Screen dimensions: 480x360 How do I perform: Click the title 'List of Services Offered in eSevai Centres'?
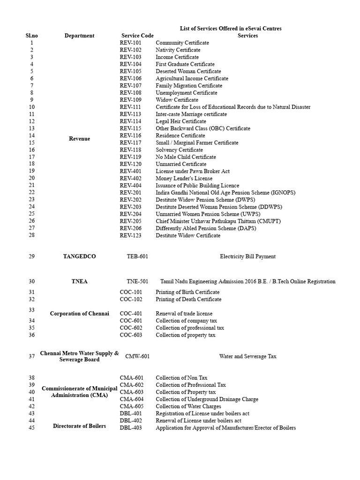pos(231,29)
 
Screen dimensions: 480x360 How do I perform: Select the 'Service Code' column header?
pos(137,36)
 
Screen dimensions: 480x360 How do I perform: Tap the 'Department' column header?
pos(79,36)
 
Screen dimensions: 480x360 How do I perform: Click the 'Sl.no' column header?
pos(32,36)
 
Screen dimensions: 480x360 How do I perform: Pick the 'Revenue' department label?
pos(79,139)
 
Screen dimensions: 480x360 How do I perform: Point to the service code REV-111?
pos(131,107)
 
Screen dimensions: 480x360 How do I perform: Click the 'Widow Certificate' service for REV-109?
pos(177,100)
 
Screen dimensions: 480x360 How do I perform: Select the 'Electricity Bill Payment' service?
pos(247,256)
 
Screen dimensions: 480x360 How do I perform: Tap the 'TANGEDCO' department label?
pos(79,256)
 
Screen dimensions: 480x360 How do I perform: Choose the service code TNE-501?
pos(137,282)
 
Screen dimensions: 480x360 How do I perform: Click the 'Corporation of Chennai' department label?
pos(79,314)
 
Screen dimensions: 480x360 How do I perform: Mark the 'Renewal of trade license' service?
pos(184,314)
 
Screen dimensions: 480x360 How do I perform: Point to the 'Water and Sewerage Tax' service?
pos(247,356)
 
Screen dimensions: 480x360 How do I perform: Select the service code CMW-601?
pos(137,356)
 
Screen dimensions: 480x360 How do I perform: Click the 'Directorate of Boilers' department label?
pos(79,426)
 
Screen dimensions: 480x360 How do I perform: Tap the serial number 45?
pos(32,428)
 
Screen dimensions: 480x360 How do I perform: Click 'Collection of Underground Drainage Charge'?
pos(207,399)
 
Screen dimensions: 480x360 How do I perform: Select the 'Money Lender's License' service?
pos(184,178)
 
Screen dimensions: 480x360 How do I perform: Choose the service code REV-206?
pos(131,228)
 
